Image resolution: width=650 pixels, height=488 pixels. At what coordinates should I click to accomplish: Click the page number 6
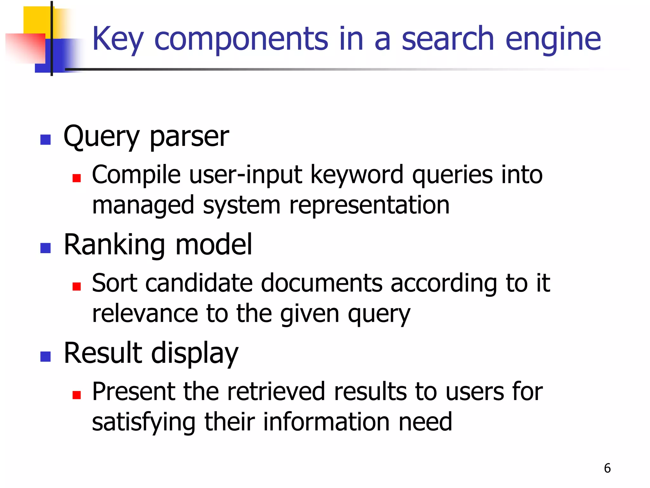pos(607,468)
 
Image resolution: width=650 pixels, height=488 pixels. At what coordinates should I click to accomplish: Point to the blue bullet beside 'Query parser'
pos(46,140)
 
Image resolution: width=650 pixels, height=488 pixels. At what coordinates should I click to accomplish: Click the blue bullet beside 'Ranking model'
pos(46,248)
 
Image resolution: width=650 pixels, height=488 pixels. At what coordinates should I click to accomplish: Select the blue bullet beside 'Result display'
pos(46,356)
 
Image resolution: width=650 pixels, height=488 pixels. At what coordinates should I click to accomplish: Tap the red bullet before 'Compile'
pos(76,178)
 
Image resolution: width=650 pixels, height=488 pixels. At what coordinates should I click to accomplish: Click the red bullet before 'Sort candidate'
pos(76,286)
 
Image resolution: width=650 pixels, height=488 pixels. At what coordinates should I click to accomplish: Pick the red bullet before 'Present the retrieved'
pos(76,395)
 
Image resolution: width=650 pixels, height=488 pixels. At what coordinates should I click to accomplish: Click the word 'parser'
pos(189,137)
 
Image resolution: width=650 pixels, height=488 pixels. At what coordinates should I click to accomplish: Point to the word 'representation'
pos(369,205)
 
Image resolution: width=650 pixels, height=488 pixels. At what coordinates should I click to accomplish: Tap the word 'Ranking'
pos(114,245)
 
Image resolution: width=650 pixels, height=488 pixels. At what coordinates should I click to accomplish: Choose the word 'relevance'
pos(144,313)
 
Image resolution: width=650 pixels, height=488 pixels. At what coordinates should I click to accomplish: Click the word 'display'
pos(195,353)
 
